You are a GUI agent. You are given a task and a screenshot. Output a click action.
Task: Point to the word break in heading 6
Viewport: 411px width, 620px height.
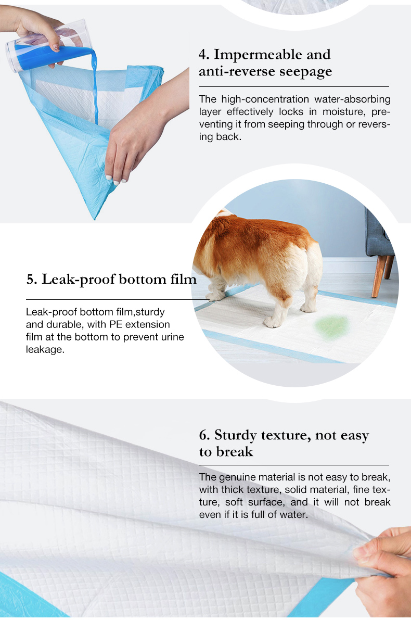[234, 452]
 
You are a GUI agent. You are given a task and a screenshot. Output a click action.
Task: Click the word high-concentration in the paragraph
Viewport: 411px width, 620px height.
[265, 99]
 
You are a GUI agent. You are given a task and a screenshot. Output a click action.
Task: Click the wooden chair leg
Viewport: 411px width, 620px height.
[378, 276]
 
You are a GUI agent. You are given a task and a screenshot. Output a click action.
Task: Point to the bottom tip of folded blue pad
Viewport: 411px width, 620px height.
[95, 218]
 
